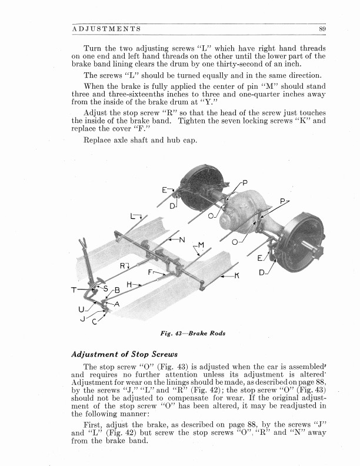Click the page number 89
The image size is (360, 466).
pos(322,29)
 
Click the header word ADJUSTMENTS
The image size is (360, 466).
pos(106,29)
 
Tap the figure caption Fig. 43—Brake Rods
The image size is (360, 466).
pos(193,333)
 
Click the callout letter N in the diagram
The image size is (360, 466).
pos(182,239)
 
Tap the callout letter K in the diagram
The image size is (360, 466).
pos(237,275)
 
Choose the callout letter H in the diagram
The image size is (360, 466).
pos(129,284)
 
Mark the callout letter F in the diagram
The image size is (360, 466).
pos(150,272)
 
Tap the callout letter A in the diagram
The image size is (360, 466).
pos(116,304)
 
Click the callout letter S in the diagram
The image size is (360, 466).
pos(106,288)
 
